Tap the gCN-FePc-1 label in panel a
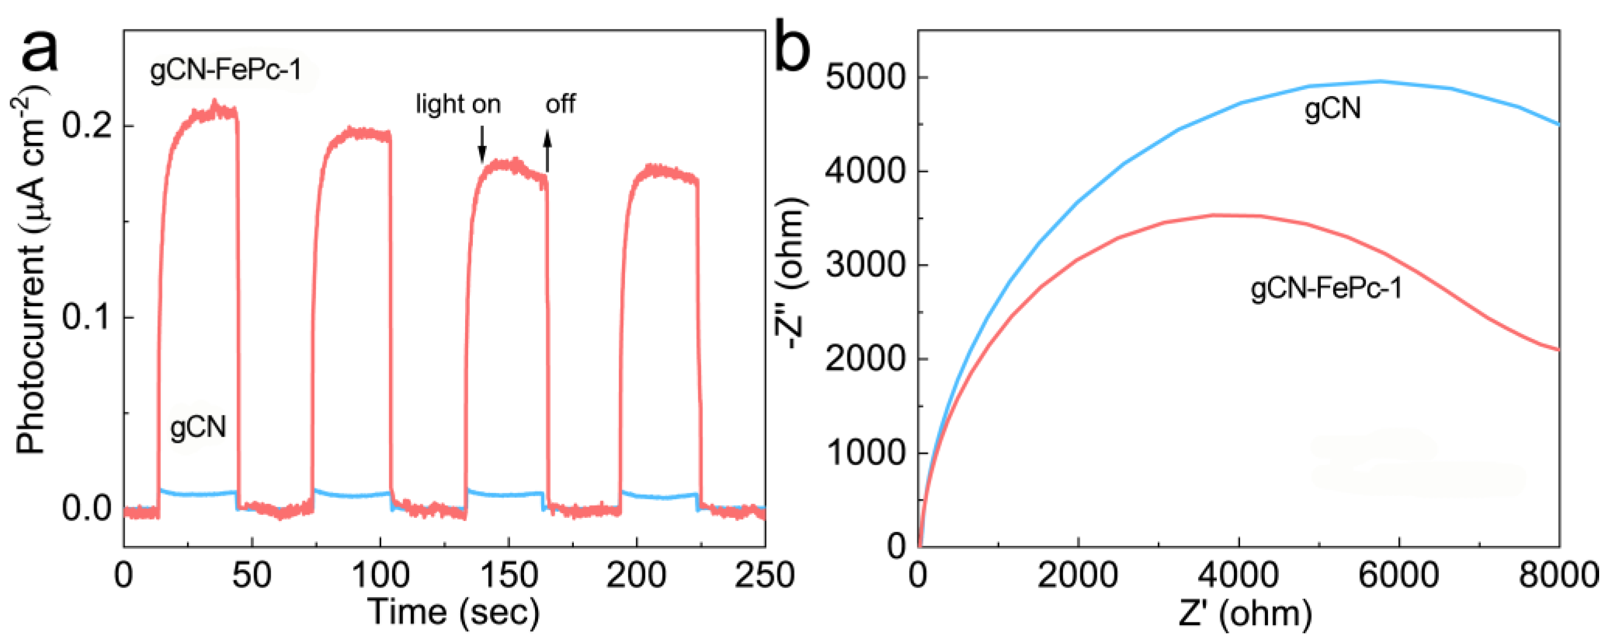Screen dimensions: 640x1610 click(x=226, y=71)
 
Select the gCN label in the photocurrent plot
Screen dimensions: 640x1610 click(x=198, y=428)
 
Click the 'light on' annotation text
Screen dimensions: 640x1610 click(x=458, y=104)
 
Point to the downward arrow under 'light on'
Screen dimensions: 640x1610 click(x=482, y=144)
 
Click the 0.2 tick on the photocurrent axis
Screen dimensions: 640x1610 click(x=87, y=126)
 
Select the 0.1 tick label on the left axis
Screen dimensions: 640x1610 click(x=87, y=318)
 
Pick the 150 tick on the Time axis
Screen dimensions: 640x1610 click(x=508, y=575)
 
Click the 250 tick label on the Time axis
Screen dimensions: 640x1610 click(x=764, y=575)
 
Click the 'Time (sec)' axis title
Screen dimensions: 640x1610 click(x=454, y=612)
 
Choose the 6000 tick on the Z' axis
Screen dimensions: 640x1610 click(x=1399, y=575)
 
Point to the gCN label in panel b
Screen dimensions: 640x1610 click(x=1333, y=109)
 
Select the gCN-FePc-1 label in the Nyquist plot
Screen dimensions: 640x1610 click(x=1326, y=289)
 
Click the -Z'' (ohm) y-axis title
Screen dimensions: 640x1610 click(x=791, y=275)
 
